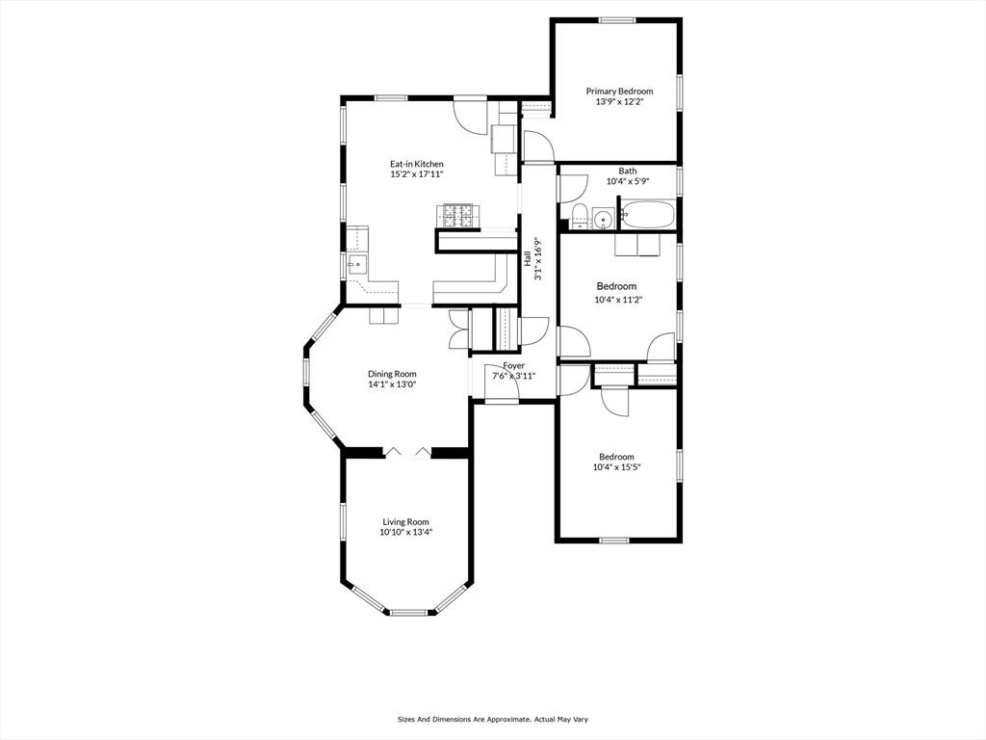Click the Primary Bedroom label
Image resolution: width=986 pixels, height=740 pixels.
[619, 92]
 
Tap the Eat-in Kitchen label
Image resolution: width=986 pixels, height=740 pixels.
[416, 164]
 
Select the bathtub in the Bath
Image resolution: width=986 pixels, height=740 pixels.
[647, 214]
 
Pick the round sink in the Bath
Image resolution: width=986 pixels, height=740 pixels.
[603, 219]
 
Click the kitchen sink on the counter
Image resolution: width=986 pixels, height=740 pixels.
[357, 265]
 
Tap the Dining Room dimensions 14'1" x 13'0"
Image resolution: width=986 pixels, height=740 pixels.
[392, 383]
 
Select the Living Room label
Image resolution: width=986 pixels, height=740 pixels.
[405, 521]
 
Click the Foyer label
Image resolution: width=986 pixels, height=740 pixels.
[513, 365]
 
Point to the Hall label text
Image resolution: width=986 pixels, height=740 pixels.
[527, 258]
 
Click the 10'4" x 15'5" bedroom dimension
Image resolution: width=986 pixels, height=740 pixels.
[616, 467]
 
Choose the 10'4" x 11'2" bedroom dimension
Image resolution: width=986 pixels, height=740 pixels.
[618, 300]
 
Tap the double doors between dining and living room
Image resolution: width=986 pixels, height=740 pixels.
[407, 453]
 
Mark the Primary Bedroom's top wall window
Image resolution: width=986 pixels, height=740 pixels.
[616, 20]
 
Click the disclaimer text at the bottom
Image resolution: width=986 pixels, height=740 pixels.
[492, 719]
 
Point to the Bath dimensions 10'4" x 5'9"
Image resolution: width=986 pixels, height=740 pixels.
[627, 181]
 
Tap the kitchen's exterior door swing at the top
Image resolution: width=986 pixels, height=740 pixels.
[470, 115]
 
